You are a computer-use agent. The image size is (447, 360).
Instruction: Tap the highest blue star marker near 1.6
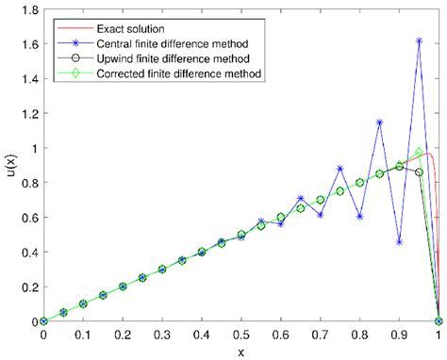click(x=419, y=41)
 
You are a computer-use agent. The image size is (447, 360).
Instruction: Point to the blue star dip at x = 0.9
click(x=399, y=242)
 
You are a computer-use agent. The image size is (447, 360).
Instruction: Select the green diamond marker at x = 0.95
click(x=419, y=152)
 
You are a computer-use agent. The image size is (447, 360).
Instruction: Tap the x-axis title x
click(x=240, y=352)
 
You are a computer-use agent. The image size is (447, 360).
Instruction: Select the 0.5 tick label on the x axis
click(x=240, y=335)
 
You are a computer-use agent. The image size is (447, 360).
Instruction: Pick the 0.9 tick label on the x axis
click(x=399, y=335)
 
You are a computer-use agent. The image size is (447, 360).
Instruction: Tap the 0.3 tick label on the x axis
click(x=161, y=335)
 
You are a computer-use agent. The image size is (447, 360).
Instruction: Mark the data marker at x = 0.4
click(x=201, y=252)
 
